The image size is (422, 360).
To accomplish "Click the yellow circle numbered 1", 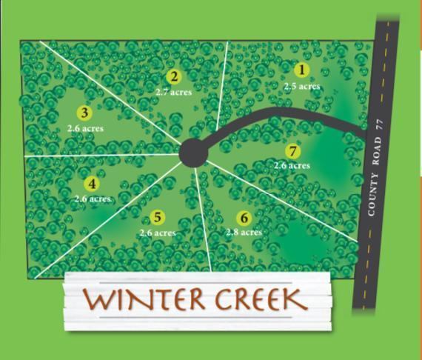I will pyautogui.click(x=301, y=70).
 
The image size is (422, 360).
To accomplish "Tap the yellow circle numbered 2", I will pyautogui.click(x=174, y=76).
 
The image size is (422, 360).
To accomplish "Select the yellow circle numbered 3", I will pyautogui.click(x=84, y=113).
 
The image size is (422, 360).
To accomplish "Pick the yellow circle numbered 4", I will pyautogui.click(x=92, y=184).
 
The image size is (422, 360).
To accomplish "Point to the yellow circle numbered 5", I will pyautogui.click(x=157, y=217).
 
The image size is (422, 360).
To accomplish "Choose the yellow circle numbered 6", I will pyautogui.click(x=244, y=218).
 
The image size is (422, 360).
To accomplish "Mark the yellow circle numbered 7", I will pyautogui.click(x=293, y=152).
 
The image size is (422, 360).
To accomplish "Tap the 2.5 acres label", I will pyautogui.click(x=302, y=86).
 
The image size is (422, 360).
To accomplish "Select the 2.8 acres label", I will pyautogui.click(x=244, y=233).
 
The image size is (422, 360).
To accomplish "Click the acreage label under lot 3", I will pyautogui.click(x=85, y=128).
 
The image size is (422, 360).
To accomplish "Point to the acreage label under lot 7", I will pyautogui.click(x=292, y=166).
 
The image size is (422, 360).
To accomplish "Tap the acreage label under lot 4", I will pyautogui.click(x=93, y=199).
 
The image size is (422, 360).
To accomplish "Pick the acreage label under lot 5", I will pyautogui.click(x=158, y=233).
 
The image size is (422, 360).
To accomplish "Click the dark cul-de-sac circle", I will pyautogui.click(x=193, y=153).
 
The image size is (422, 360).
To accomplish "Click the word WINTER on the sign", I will pyautogui.click(x=144, y=300).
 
